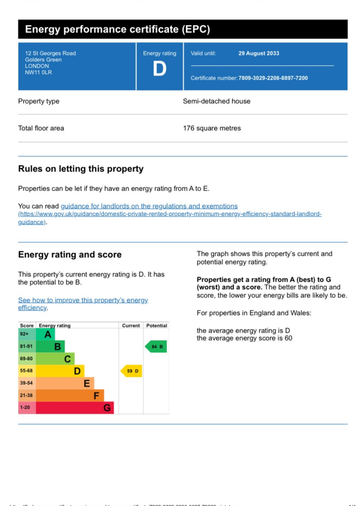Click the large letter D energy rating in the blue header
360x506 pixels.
point(159,69)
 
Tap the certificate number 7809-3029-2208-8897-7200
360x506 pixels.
point(273,78)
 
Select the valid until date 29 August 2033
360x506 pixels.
point(259,53)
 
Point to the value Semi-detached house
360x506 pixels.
point(217,101)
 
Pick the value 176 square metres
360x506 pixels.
point(212,128)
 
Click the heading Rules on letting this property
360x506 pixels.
point(81,169)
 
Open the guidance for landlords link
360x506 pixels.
point(149,206)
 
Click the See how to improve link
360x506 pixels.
point(83,300)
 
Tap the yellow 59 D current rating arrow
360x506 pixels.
point(132,371)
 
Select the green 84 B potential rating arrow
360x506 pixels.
point(156,347)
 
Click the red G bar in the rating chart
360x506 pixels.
point(75,408)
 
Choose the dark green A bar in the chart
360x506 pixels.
point(46,335)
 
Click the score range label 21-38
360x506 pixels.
point(26,395)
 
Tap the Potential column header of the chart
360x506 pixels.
point(156,326)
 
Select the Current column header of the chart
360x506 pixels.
point(131,326)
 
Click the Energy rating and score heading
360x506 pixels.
point(70,255)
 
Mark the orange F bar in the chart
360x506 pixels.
point(70,395)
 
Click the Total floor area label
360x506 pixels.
point(41,128)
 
